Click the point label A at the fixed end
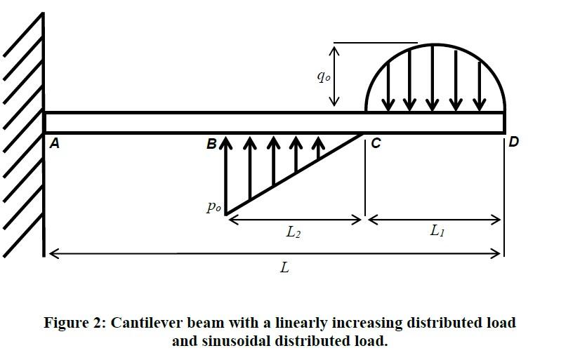[x=54, y=143]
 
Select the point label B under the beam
[x=211, y=143]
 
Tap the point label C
[x=376, y=143]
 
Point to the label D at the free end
[x=514, y=142]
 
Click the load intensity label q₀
[x=324, y=76]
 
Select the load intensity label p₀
[x=213, y=206]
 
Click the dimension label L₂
[x=294, y=232]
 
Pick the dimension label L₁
[x=437, y=231]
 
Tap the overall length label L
[x=284, y=267]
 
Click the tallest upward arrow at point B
[x=226, y=175]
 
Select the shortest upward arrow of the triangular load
[x=319, y=148]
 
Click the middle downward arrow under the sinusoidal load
[x=433, y=78]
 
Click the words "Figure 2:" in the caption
[x=75, y=323]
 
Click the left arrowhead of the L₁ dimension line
[x=374, y=220]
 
